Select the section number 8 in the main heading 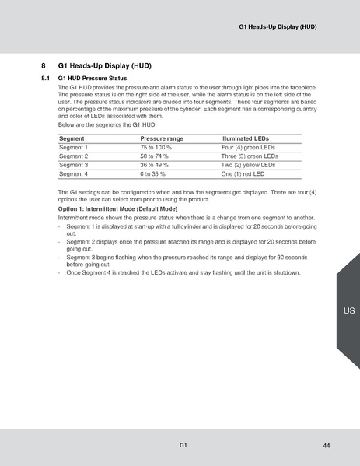point(44,66)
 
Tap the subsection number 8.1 point(45,79)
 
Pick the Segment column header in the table point(72,137)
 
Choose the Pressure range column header point(163,137)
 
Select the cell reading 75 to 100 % point(157,146)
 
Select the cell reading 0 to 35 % point(153,174)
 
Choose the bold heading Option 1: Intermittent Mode point(118,210)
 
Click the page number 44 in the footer point(327,444)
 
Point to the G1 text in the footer point(183,444)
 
